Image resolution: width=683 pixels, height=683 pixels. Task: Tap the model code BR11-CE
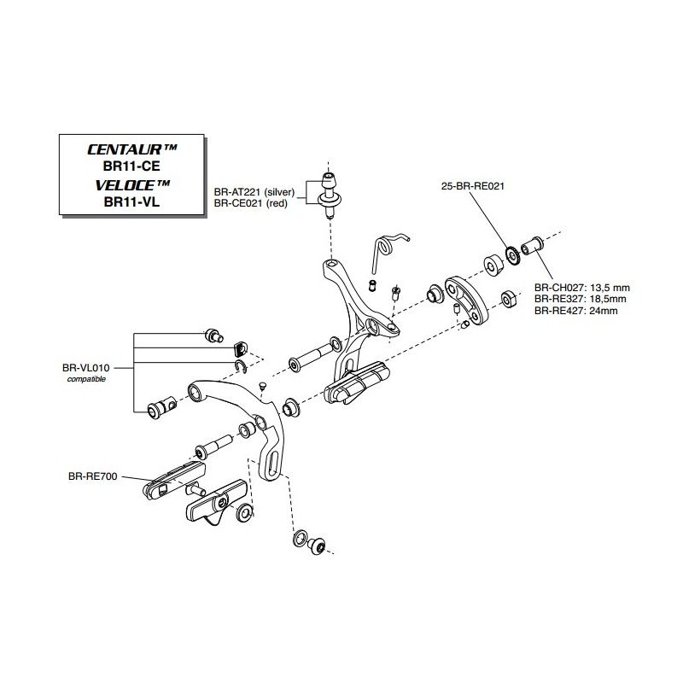[x=131, y=166]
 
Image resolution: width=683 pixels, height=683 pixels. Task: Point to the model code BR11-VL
[x=131, y=202]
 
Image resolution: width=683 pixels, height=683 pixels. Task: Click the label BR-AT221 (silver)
[x=254, y=191]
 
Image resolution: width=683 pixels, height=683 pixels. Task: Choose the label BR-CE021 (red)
[x=250, y=203]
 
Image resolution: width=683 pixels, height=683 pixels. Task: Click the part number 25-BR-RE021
[x=473, y=186]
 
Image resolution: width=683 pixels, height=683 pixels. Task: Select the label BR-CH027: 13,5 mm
[x=582, y=288]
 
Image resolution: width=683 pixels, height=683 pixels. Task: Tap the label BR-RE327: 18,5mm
[x=581, y=299]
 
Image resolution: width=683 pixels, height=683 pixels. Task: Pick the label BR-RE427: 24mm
[x=575, y=311]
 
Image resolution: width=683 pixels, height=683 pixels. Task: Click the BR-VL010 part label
[x=86, y=368]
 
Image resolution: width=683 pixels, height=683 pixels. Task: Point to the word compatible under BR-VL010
[x=86, y=379]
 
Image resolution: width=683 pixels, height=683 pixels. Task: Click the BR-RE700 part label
[x=93, y=476]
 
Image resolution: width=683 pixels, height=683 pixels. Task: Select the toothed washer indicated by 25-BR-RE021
[x=514, y=256]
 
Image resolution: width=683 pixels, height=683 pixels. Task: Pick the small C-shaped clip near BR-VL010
[x=241, y=367]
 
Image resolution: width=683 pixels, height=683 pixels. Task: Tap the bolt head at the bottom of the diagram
[x=317, y=546]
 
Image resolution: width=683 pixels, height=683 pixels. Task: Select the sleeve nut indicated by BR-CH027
[x=532, y=246]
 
